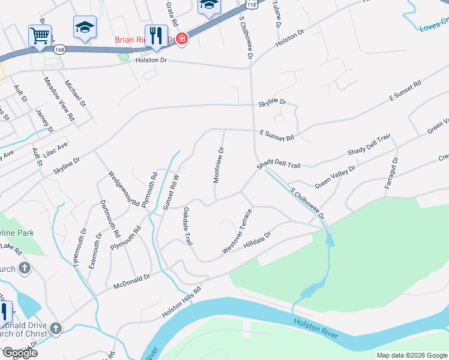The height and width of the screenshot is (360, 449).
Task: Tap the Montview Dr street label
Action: [x=220, y=165]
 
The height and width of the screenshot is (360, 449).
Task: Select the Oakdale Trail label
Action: [x=187, y=226]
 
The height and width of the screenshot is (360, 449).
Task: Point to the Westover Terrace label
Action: [x=236, y=231]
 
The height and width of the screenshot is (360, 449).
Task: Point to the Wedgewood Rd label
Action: [x=124, y=188]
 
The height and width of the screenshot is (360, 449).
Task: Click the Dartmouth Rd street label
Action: [x=110, y=218]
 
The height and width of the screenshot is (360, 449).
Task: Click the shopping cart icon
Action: [x=40, y=35]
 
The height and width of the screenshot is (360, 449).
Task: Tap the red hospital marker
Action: [x=181, y=40]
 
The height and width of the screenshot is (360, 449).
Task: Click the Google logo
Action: [x=20, y=353]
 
